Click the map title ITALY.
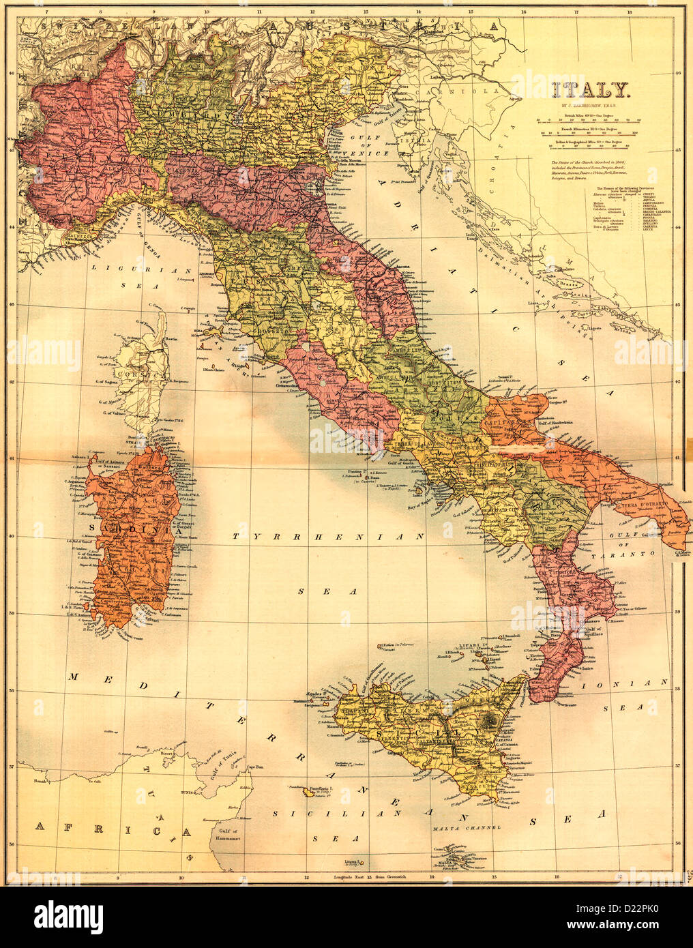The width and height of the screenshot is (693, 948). click(x=590, y=90)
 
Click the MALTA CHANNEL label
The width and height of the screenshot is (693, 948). click(x=467, y=827)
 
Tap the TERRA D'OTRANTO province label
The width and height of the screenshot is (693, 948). click(x=644, y=506)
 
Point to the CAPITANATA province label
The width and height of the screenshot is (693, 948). click(x=506, y=424)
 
